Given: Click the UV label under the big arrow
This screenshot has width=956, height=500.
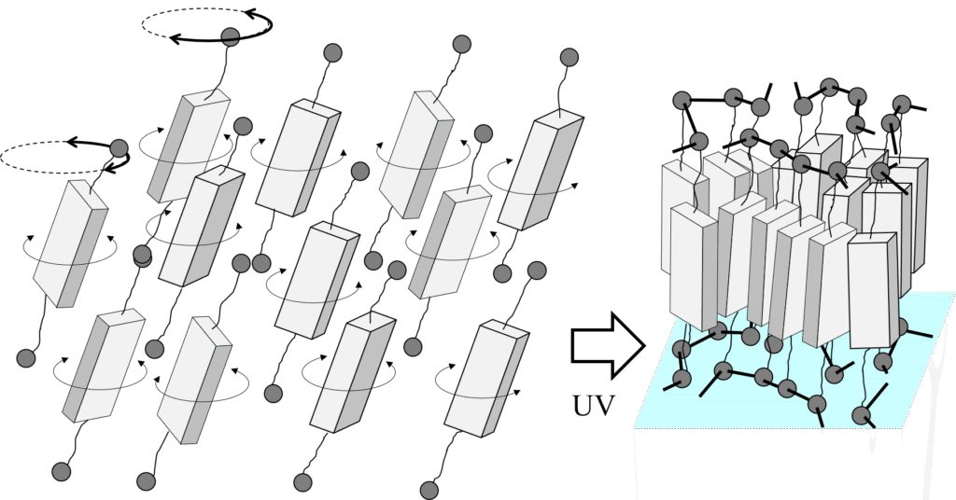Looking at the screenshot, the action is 593,405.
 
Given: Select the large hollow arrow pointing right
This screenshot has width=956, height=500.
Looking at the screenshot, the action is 608,345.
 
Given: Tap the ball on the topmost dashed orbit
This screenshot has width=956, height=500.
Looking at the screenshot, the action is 230,36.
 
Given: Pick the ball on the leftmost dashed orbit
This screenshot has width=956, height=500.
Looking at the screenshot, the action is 119,149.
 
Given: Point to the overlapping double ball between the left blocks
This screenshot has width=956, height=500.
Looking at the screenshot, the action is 142,256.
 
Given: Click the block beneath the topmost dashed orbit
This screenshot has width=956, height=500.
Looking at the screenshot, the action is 190,146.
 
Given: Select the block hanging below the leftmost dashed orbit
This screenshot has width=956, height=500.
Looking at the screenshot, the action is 70,243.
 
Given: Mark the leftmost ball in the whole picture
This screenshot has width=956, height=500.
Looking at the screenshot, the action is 25,358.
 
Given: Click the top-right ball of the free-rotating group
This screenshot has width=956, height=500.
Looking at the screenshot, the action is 569,58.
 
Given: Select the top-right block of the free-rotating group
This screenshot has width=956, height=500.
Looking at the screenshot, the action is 541,170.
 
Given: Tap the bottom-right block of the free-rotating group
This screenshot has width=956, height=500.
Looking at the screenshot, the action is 485,380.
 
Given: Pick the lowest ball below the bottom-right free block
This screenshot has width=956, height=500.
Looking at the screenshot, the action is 429,491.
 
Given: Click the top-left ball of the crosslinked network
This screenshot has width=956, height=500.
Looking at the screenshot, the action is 682,101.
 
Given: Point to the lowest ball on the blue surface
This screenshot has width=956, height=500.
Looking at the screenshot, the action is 861,416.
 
